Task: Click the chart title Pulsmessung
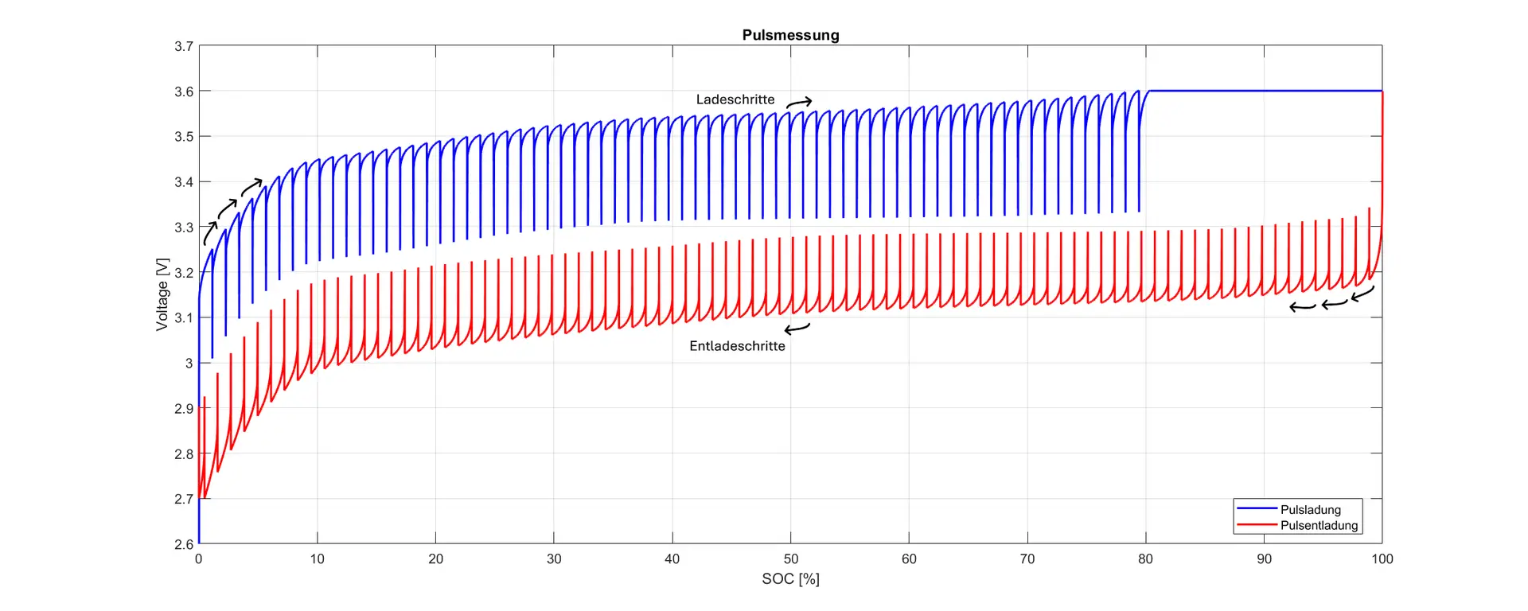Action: pyautogui.click(x=790, y=35)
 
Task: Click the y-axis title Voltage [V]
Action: pyautogui.click(x=162, y=294)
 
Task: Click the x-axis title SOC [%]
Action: pyautogui.click(x=790, y=579)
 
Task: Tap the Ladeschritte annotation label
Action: pyautogui.click(x=735, y=99)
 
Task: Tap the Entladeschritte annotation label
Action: pyautogui.click(x=737, y=346)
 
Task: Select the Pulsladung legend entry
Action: pyautogui.click(x=1310, y=509)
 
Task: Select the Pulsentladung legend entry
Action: pyautogui.click(x=1319, y=525)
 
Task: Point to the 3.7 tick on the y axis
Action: pyautogui.click(x=184, y=46)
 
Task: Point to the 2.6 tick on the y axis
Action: pyautogui.click(x=184, y=544)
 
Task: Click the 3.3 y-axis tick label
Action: pyautogui.click(x=184, y=228)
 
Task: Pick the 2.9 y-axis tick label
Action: pyautogui.click(x=184, y=408)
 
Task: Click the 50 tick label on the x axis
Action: pyautogui.click(x=790, y=559)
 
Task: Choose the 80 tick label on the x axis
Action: pyautogui.click(x=1145, y=559)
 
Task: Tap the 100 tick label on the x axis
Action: pyautogui.click(x=1382, y=559)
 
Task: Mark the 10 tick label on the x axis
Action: pyautogui.click(x=317, y=559)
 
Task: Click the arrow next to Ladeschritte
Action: pyautogui.click(x=799, y=102)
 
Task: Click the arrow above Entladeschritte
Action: pyautogui.click(x=797, y=328)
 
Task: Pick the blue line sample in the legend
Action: pyautogui.click(x=1257, y=508)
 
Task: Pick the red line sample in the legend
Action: pyautogui.click(x=1257, y=525)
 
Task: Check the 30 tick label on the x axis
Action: pyautogui.click(x=554, y=559)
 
